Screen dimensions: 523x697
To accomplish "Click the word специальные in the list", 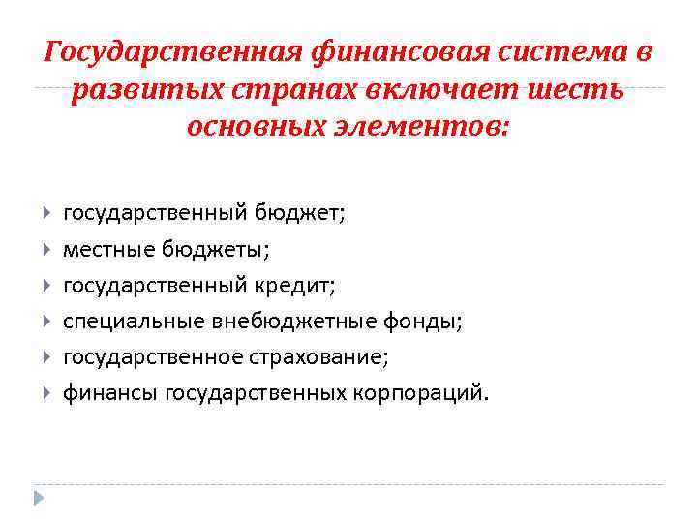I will click(x=125, y=322).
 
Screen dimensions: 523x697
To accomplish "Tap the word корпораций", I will click(x=433, y=393).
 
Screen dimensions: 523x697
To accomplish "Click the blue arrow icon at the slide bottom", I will click(x=39, y=497).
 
